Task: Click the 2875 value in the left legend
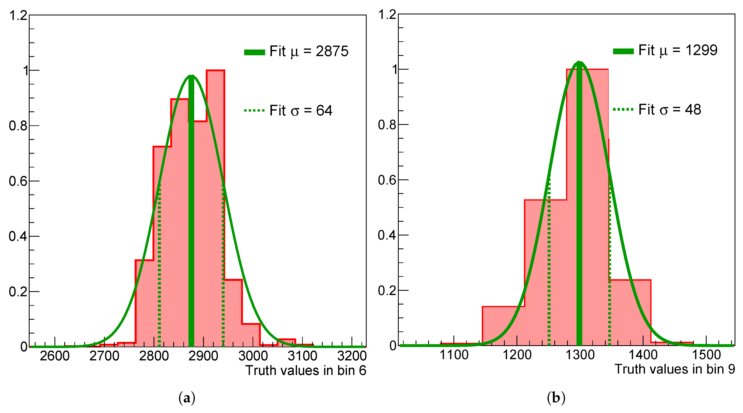[332, 51]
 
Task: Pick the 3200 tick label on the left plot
[352, 356]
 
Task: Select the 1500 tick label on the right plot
[706, 355]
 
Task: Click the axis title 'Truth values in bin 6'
[305, 371]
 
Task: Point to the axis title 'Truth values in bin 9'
[675, 369]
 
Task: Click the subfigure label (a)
[187, 398]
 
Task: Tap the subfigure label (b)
[556, 398]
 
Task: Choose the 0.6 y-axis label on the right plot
[387, 180]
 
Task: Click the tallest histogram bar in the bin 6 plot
[215, 202]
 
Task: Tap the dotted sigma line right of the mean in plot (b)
[609, 260]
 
